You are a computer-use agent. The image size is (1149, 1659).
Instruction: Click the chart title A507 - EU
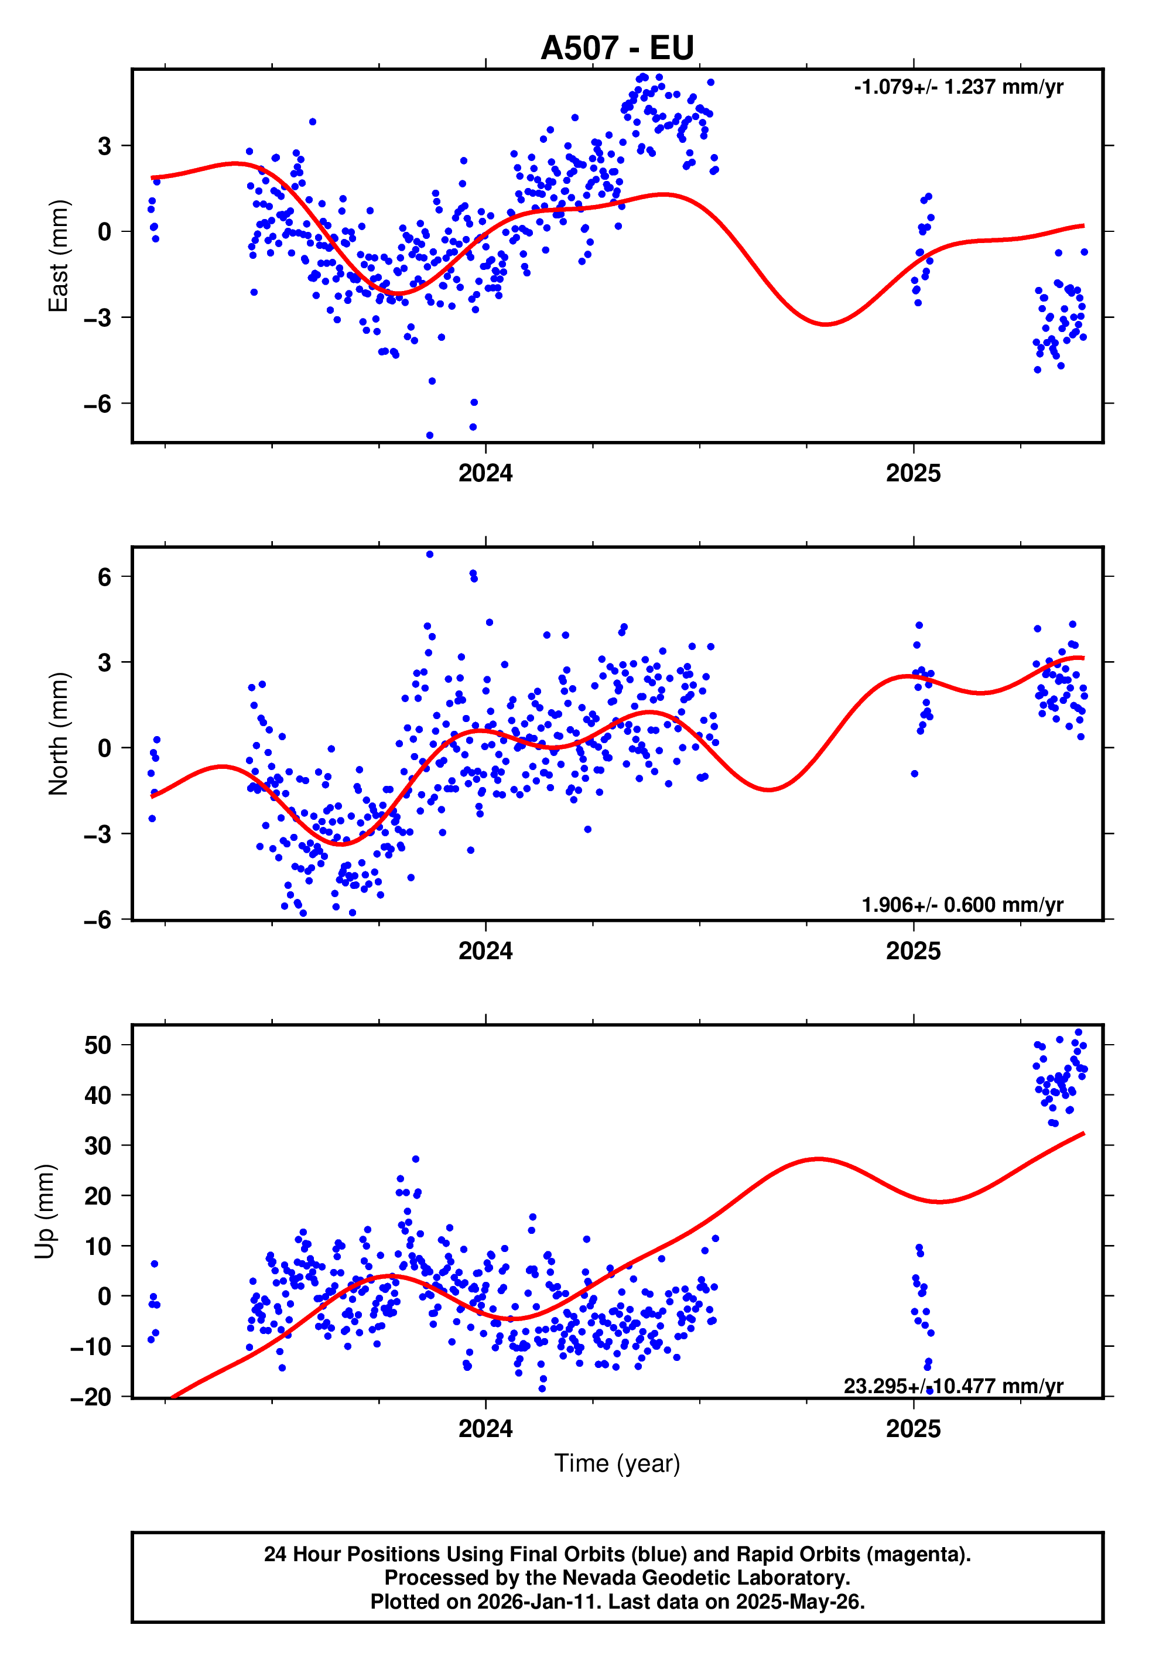617,48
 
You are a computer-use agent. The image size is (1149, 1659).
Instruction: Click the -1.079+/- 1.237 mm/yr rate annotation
958,87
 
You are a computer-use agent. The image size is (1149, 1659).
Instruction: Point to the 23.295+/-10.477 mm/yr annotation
953,1386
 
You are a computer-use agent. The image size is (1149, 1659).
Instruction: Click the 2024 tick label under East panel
485,474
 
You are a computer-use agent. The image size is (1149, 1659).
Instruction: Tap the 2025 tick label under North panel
913,952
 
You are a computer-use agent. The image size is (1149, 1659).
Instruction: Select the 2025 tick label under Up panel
913,1429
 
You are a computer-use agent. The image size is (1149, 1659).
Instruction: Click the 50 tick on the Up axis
97,1045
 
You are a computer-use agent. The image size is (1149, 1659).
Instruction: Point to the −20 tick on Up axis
91,1397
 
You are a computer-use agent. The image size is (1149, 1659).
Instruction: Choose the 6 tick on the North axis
104,576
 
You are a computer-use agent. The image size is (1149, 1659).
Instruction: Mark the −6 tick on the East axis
97,404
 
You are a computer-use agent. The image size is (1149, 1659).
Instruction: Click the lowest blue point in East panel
430,436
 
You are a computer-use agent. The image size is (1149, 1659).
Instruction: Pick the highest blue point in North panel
430,554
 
